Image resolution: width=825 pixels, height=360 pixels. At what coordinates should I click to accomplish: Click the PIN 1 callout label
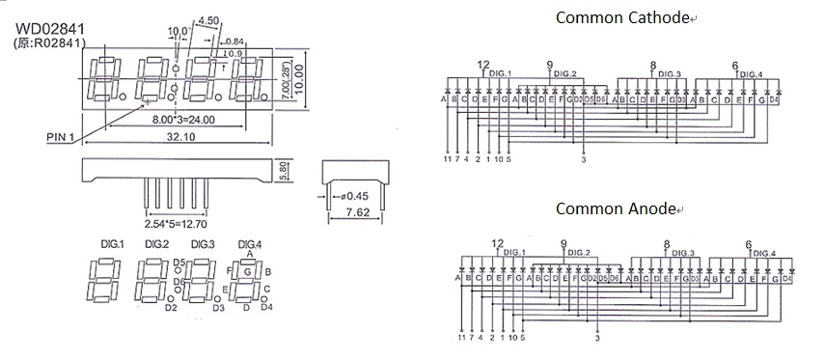(63, 137)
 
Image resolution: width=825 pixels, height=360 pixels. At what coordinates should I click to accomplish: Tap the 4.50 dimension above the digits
(207, 19)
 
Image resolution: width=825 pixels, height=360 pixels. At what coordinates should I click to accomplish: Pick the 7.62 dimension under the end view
(356, 211)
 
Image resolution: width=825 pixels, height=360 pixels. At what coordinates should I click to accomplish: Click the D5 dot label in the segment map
(179, 263)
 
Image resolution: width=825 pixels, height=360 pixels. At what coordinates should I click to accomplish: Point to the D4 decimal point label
(266, 307)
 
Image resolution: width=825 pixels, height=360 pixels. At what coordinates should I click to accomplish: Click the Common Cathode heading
(623, 16)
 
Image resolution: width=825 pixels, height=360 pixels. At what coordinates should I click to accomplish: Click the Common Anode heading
(617, 208)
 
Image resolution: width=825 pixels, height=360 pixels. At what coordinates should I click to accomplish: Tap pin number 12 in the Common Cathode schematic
(483, 65)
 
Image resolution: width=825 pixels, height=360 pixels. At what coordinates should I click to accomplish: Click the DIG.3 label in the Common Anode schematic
(680, 253)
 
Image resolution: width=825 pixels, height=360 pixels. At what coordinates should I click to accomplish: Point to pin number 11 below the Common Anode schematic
(460, 338)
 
